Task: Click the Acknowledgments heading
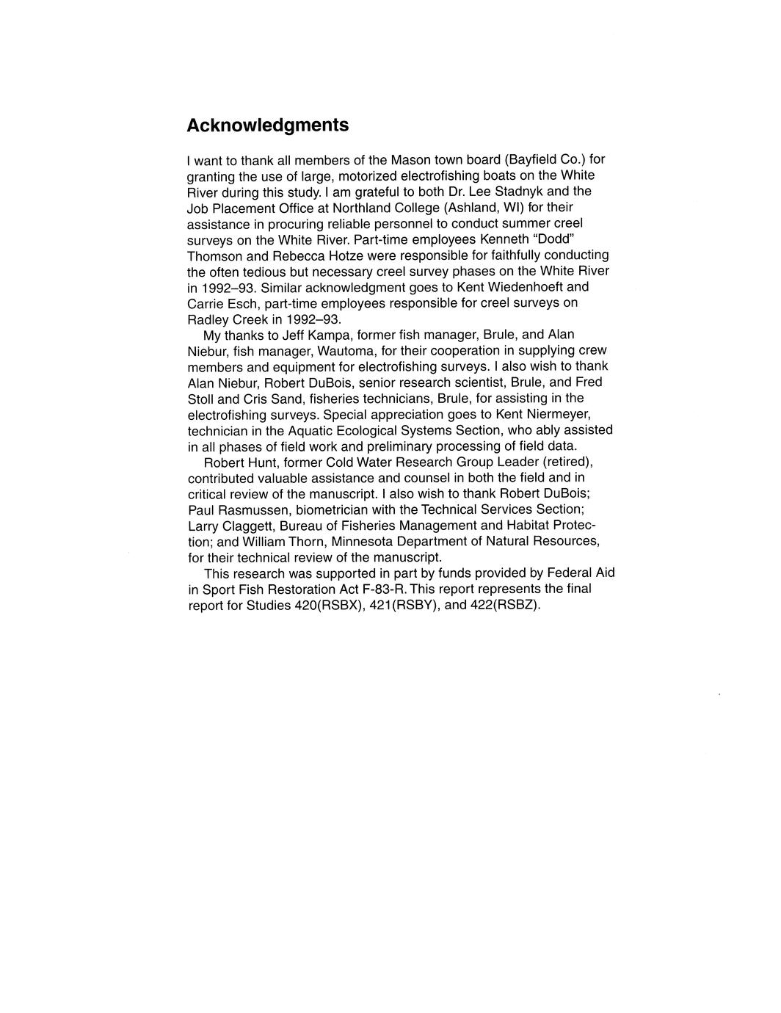(x=267, y=126)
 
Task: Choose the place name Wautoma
(x=343, y=351)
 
